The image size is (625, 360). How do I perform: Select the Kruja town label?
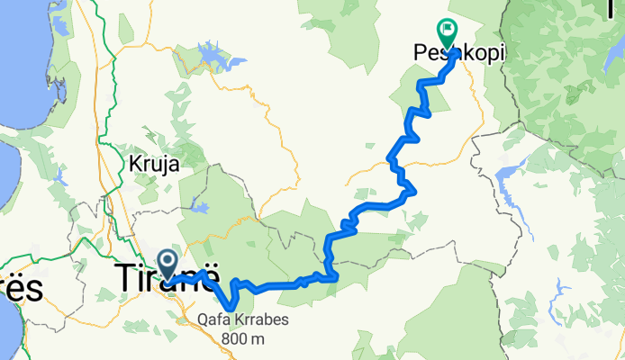[x=154, y=165]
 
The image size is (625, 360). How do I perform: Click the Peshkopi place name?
[x=458, y=54]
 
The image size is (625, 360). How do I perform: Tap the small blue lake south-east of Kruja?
[x=203, y=210]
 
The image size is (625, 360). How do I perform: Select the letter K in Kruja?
[x=134, y=165]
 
